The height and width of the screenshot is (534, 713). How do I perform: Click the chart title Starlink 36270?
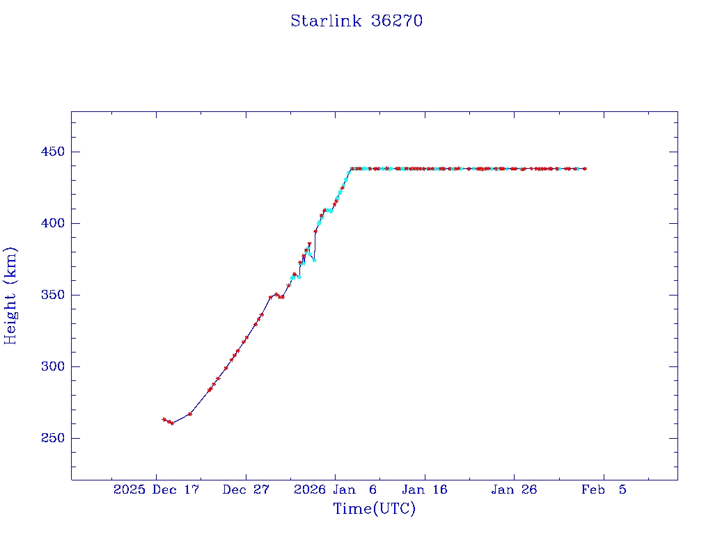click(356, 21)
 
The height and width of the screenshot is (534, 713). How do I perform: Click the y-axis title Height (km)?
click(10, 296)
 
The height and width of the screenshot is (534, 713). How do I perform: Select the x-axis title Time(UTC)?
click(375, 509)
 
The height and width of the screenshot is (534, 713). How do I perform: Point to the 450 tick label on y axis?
click(50, 152)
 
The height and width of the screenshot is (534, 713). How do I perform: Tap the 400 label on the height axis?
click(50, 224)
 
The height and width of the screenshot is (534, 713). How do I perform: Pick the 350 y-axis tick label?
click(50, 296)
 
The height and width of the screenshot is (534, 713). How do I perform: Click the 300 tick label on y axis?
click(50, 367)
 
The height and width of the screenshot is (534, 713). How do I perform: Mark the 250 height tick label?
click(50, 439)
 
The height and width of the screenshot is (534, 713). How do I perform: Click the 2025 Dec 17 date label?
click(156, 490)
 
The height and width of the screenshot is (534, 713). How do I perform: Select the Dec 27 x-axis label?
click(246, 490)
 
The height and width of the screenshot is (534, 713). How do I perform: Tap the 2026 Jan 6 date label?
click(335, 490)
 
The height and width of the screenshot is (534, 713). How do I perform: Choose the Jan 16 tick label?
click(425, 490)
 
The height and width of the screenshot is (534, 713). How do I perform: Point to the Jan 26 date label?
click(514, 490)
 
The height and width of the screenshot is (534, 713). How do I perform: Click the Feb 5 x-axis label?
click(604, 490)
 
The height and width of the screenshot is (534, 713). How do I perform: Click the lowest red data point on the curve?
click(172, 423)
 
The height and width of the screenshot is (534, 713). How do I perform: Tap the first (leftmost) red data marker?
click(164, 419)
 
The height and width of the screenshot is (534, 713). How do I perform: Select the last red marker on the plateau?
click(585, 168)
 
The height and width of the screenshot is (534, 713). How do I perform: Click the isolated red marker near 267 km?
click(190, 414)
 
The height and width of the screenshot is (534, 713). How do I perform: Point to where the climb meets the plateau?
click(351, 168)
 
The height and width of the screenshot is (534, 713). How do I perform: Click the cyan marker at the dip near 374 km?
click(314, 260)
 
